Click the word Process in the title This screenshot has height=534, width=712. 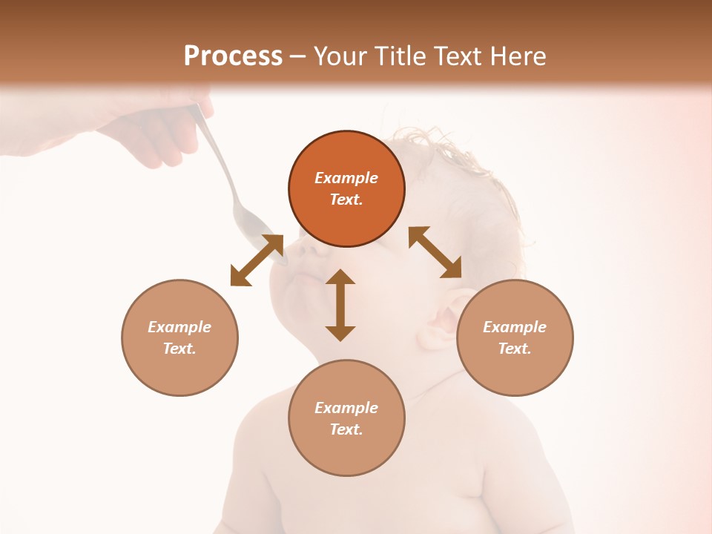[233, 56]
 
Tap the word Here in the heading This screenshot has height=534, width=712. [517, 56]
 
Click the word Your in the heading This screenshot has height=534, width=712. [341, 56]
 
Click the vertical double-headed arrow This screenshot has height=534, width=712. [340, 305]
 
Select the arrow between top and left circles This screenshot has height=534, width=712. [257, 260]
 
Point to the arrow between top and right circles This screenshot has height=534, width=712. [435, 252]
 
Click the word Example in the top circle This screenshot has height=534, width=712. [346, 178]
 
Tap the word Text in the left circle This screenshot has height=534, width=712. [179, 349]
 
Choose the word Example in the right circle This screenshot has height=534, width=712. [515, 327]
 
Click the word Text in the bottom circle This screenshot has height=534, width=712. [346, 429]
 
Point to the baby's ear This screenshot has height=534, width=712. [444, 320]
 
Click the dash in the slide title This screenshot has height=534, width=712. [298, 56]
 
